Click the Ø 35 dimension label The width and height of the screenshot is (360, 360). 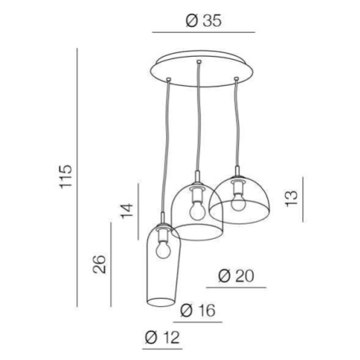coord(204,21)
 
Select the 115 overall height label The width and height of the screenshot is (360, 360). coord(66,177)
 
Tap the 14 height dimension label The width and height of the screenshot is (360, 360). coord(127,211)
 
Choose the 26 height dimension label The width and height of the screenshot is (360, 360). coord(100,264)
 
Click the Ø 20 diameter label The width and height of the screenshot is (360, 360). coord(237,277)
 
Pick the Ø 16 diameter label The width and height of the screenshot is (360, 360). coord(198,310)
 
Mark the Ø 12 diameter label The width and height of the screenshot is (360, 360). coord(162,337)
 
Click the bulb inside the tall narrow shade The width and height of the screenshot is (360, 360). coord(163,250)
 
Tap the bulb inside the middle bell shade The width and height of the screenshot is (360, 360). coord(197,211)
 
